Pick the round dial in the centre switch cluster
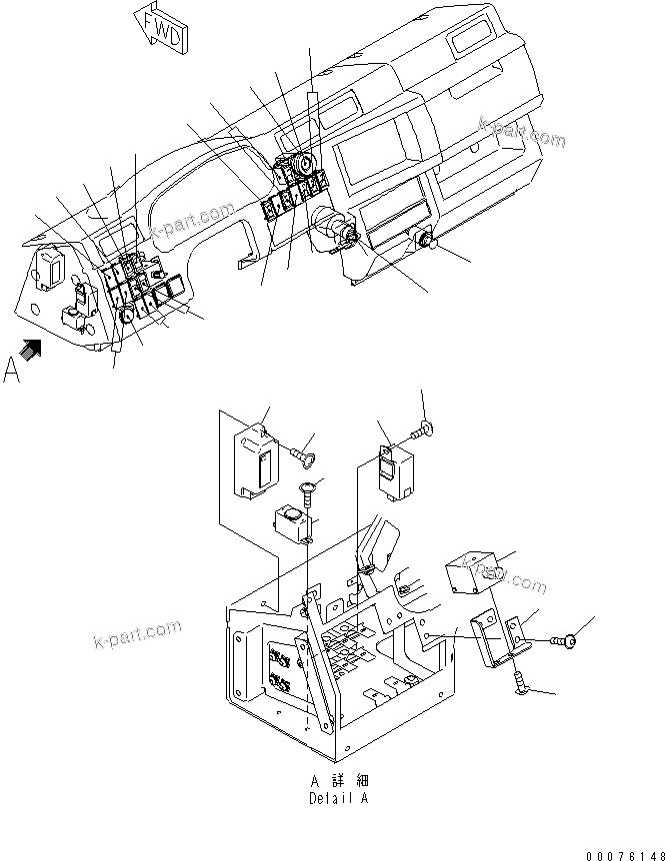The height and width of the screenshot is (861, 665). (304, 159)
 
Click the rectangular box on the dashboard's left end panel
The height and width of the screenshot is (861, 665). (52, 267)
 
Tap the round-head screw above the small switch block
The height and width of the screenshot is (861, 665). (308, 490)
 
